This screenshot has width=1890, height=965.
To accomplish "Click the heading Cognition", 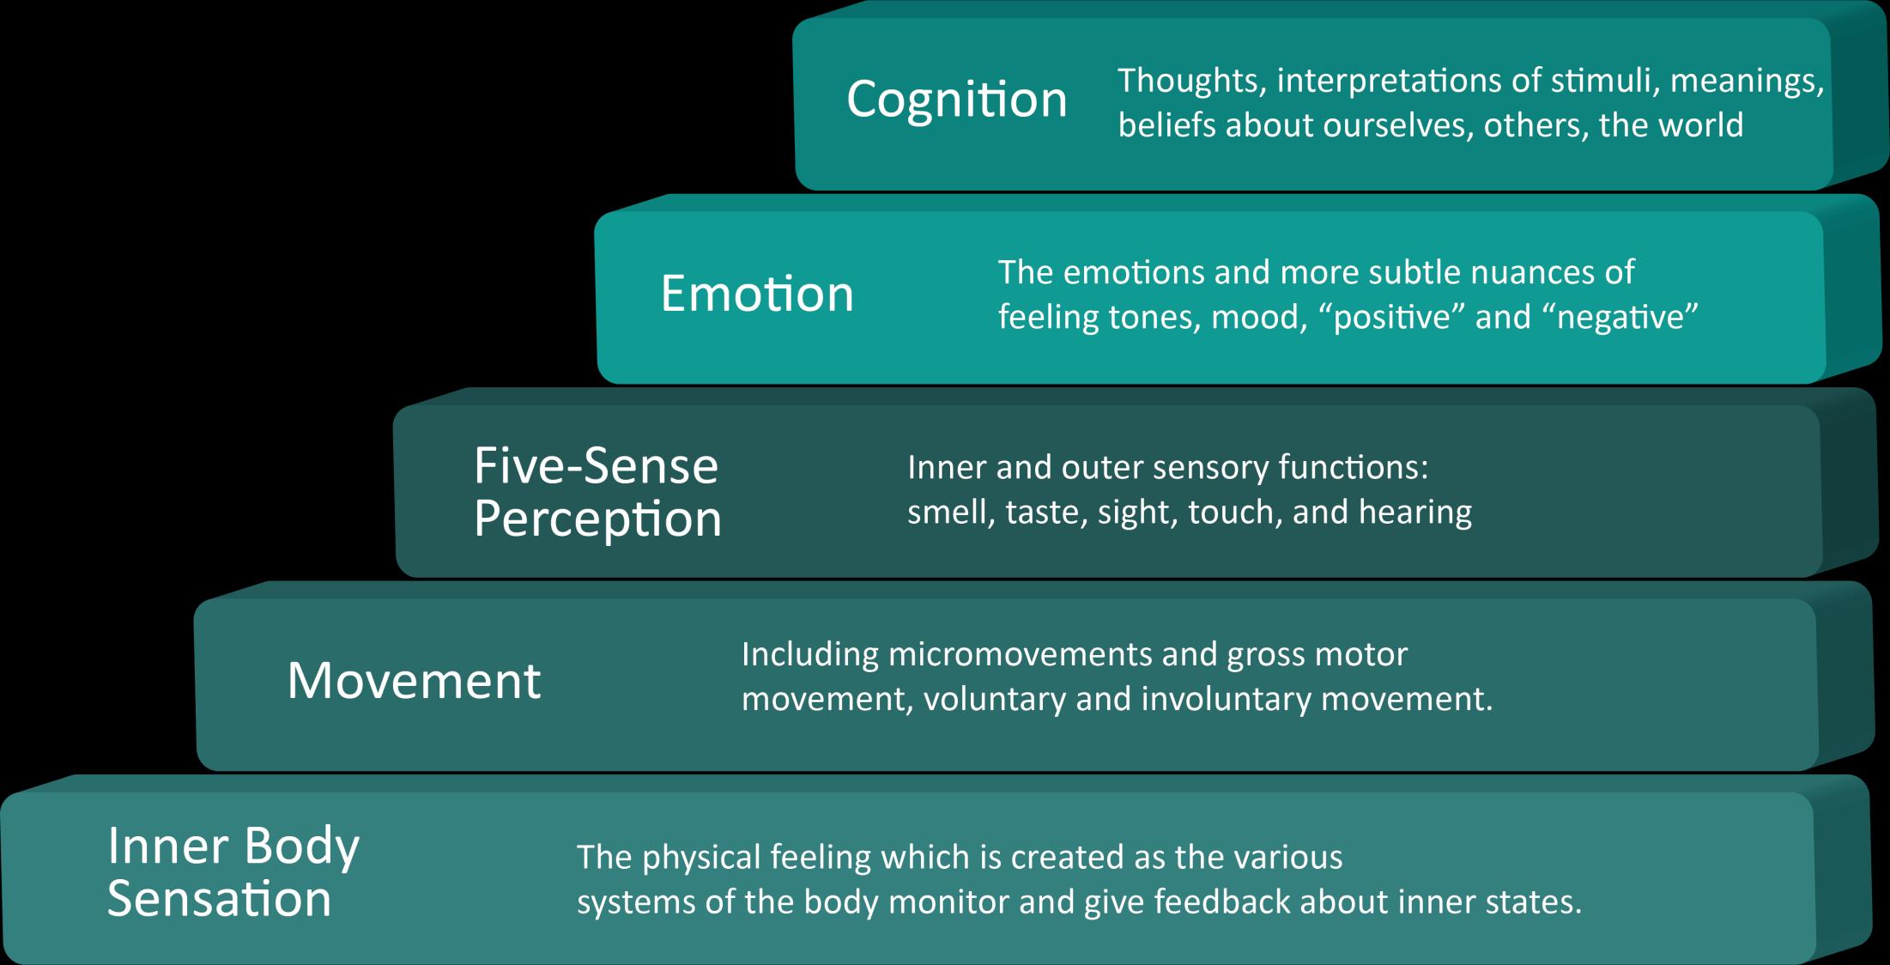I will (956, 100).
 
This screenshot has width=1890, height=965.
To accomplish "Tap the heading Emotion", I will (757, 294).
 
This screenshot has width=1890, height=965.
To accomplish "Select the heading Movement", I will (414, 681).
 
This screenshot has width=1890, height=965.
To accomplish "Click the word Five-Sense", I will (596, 466).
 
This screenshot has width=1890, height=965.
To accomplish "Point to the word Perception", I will (597, 519).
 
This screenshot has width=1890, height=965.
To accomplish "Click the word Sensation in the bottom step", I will (219, 899).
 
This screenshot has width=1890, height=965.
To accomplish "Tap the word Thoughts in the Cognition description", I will (1187, 81).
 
